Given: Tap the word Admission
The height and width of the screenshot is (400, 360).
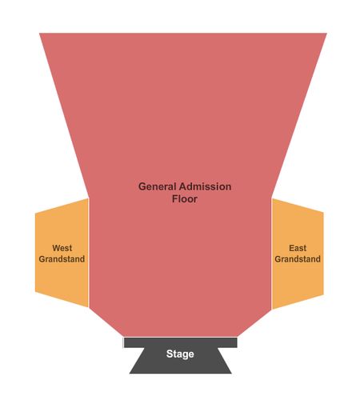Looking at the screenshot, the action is [205, 186].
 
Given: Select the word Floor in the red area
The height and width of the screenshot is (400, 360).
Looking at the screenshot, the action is [185, 198].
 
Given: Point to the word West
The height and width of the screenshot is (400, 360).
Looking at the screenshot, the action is [62, 248].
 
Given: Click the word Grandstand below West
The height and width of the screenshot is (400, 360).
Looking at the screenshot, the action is [62, 259].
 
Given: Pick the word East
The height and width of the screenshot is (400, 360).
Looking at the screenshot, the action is [298, 248].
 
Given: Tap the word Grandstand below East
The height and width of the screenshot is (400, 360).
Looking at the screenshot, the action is [298, 259].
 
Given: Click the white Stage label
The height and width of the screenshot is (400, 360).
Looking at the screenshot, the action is [180, 354].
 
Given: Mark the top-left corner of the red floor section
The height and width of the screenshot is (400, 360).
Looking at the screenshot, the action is [39, 34].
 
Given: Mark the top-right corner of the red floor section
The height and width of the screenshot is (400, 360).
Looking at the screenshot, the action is [327, 34].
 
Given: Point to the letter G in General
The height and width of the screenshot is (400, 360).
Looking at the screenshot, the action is [142, 186].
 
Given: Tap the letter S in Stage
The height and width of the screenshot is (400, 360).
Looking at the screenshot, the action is [170, 354].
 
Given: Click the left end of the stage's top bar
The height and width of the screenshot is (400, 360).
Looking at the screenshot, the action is [124, 342].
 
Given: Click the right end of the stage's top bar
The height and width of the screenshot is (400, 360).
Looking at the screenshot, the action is [237, 342].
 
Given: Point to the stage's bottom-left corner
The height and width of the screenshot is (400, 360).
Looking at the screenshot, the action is [130, 374].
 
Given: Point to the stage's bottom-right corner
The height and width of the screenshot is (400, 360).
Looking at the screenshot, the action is [231, 374].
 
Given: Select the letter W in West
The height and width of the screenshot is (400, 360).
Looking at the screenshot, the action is [56, 248].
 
